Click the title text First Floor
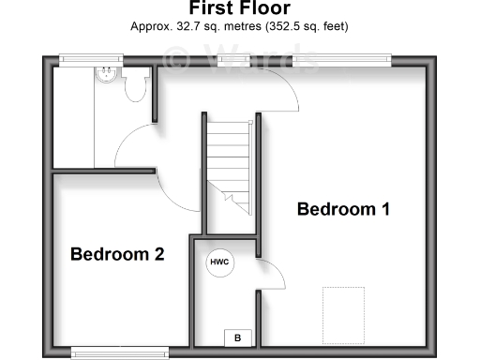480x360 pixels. (x=239, y=9)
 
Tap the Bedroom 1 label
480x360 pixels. (x=342, y=209)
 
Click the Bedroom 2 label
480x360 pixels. (x=118, y=253)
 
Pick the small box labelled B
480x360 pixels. (x=237, y=337)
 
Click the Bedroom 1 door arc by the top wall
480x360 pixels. (x=281, y=94)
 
